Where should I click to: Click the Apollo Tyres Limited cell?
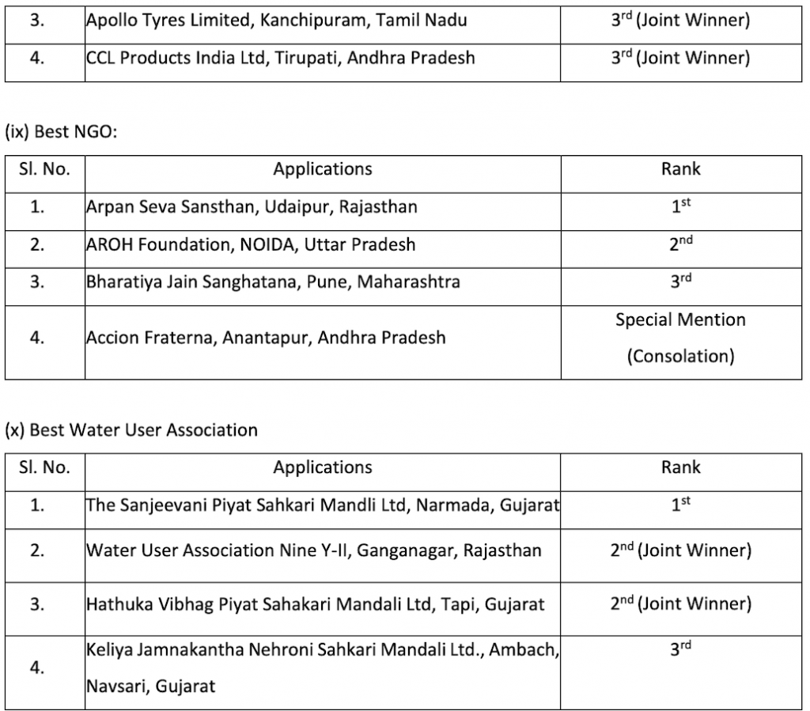point(276,21)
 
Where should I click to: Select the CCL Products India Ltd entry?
point(281,58)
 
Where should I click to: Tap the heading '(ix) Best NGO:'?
point(61,132)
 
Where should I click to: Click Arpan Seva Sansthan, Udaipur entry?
point(252,207)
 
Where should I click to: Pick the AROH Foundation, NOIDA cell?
point(251,244)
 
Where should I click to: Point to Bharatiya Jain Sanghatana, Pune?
point(273,282)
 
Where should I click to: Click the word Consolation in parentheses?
point(680,356)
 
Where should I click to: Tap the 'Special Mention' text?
point(680,320)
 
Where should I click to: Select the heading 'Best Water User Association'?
point(131,430)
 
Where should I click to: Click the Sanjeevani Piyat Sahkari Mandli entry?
point(322,505)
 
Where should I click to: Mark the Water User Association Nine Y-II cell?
point(314,550)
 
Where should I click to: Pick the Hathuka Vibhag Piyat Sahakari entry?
point(316,605)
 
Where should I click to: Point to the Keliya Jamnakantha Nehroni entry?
point(323,650)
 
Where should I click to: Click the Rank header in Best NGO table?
point(680,169)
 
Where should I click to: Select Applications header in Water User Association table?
point(323,467)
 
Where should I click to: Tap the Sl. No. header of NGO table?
point(44,169)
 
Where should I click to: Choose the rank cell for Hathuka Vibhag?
point(680,604)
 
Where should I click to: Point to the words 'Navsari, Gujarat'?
point(150,686)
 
